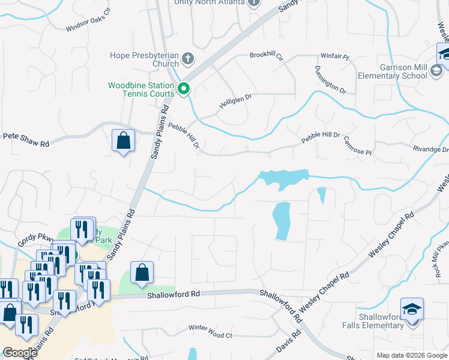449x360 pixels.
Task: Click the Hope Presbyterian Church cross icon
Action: (x=188, y=59)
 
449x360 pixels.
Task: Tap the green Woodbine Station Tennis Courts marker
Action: (x=184, y=89)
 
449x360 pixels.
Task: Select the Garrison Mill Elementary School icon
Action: (x=436, y=73)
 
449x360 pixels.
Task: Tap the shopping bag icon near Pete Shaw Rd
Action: (x=123, y=141)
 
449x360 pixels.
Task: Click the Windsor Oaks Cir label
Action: (x=89, y=20)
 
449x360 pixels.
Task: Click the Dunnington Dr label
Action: (x=330, y=79)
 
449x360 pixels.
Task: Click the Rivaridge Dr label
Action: (x=430, y=149)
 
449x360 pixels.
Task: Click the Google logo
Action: (x=19, y=353)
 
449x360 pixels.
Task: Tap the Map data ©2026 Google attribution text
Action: (x=411, y=355)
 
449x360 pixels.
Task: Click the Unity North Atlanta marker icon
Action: (x=253, y=2)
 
